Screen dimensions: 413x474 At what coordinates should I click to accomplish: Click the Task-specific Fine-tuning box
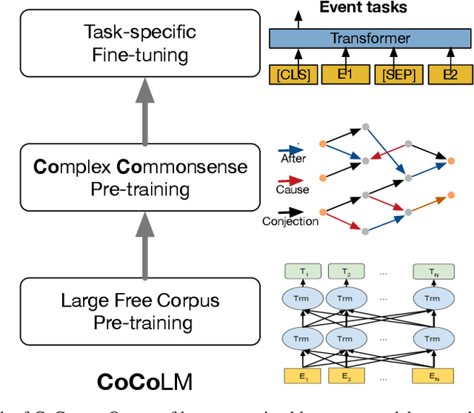coord(140,43)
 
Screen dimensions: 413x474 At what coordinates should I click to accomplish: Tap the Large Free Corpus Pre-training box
coord(140,311)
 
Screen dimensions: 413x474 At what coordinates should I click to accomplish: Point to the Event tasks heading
coord(364,8)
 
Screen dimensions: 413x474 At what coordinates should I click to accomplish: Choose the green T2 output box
coord(345,273)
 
